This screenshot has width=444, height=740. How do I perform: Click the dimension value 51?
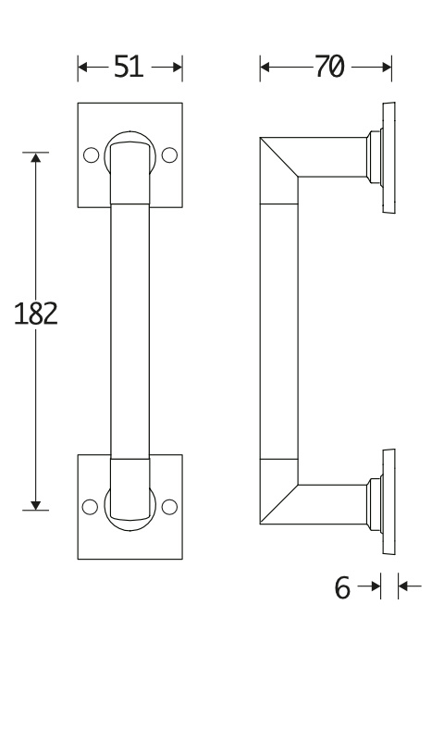point(129,67)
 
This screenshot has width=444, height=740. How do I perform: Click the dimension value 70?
point(329,67)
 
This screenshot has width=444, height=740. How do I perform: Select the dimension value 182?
point(36,314)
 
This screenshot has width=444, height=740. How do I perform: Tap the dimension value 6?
point(342,587)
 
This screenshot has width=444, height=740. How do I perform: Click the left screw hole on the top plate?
point(91,154)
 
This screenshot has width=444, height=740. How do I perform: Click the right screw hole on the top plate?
point(169,154)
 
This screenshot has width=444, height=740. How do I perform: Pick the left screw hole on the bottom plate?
point(90,506)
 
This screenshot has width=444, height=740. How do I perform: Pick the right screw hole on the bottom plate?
point(169,506)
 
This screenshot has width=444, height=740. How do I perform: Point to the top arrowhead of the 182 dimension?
point(36,157)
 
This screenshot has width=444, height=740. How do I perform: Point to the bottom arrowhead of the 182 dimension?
point(36,505)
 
